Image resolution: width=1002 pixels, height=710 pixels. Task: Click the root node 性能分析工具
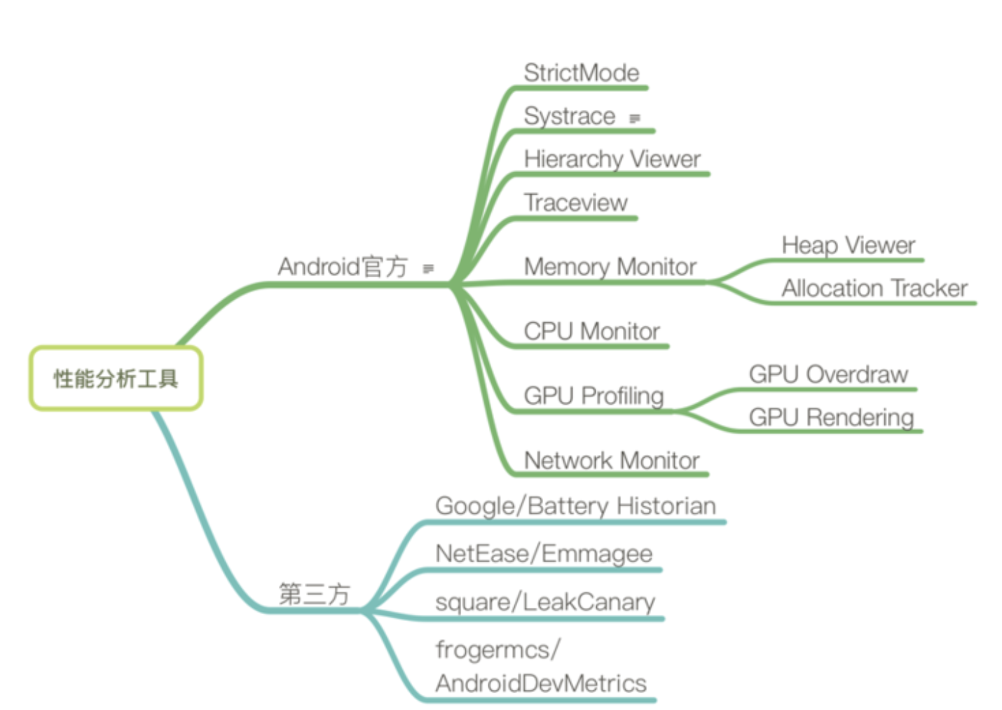[x=116, y=378]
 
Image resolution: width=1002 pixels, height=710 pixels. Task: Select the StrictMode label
[x=581, y=73]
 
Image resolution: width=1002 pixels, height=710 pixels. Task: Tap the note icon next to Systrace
[x=635, y=118]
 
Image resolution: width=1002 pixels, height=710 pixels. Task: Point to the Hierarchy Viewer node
[x=612, y=159]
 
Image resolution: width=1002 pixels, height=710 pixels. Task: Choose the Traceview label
[x=575, y=203]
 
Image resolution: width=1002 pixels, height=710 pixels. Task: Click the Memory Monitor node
[x=610, y=267]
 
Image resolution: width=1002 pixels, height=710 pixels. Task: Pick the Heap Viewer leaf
[x=848, y=245]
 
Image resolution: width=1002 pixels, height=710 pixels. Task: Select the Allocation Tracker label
[x=874, y=288]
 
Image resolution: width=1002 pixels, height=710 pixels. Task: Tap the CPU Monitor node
[x=591, y=331]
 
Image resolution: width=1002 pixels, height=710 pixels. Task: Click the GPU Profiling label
[x=593, y=396]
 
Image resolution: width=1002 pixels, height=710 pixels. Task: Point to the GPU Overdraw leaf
[x=828, y=375]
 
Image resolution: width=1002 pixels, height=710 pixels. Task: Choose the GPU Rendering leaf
[x=831, y=417]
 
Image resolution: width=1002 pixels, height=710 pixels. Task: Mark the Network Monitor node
[x=611, y=461]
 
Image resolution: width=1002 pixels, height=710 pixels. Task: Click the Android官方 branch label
[x=342, y=267]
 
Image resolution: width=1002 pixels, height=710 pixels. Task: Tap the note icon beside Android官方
[x=428, y=268]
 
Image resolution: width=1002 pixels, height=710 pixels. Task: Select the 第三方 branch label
[x=313, y=594]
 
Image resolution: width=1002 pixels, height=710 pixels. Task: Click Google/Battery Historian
[x=575, y=506]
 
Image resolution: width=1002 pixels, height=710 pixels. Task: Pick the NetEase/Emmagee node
[x=544, y=554]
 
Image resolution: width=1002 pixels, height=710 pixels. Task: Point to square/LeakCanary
[x=544, y=602]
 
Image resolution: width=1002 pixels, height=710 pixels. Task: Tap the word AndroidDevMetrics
[x=540, y=683]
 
